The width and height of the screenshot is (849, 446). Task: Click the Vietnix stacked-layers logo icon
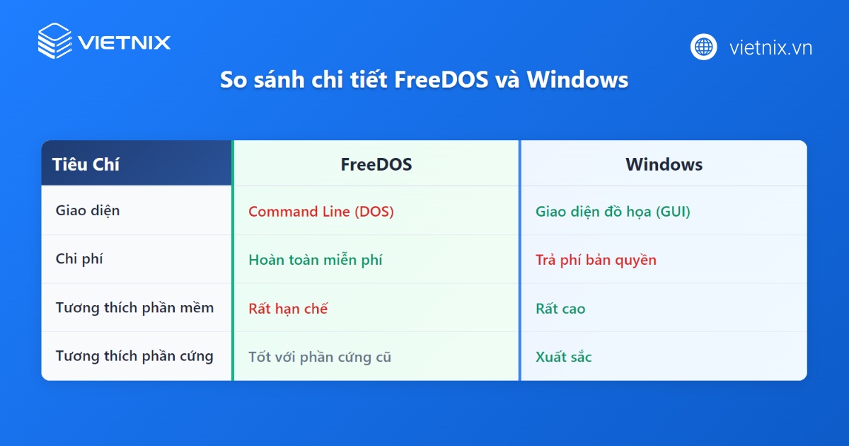(54, 41)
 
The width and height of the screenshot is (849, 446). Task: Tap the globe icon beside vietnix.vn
(704, 47)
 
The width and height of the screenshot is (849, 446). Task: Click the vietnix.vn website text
(770, 47)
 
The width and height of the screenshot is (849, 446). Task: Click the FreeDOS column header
(376, 164)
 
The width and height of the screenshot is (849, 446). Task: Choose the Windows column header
(664, 164)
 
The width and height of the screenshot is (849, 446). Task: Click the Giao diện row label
(88, 210)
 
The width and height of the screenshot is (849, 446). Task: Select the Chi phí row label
(79, 259)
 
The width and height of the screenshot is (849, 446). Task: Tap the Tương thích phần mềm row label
(134, 308)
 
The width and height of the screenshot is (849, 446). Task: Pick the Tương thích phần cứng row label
(134, 356)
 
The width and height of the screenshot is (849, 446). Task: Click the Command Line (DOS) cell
(321, 211)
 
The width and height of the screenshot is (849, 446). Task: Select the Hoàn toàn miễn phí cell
(316, 260)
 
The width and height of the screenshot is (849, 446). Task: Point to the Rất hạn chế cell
(288, 309)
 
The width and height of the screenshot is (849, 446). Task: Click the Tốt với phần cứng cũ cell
(320, 357)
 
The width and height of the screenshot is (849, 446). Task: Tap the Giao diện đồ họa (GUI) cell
(613, 211)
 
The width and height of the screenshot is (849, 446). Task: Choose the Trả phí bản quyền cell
(596, 260)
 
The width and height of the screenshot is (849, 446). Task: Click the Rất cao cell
(560, 309)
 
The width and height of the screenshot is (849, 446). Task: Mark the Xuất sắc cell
(563, 357)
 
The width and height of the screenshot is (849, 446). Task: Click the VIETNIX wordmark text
(125, 42)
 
